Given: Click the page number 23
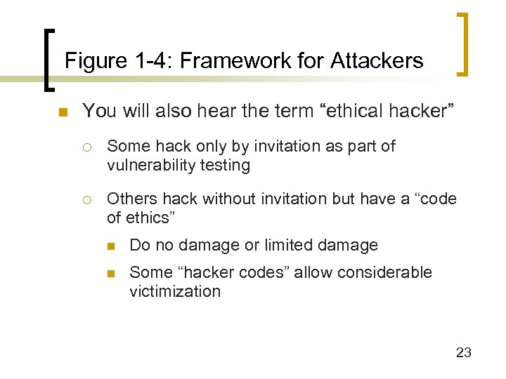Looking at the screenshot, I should pos(463,352).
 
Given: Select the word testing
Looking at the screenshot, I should pos(226,166).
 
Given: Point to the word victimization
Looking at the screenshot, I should pos(175,291).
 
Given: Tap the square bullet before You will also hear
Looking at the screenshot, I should pos(63,112).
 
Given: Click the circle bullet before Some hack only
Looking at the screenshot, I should pos(86,147).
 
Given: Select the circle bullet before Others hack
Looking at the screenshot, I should pos(86,200).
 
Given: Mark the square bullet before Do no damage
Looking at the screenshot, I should pos(112,246).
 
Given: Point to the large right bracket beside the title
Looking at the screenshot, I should pos(463,44).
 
